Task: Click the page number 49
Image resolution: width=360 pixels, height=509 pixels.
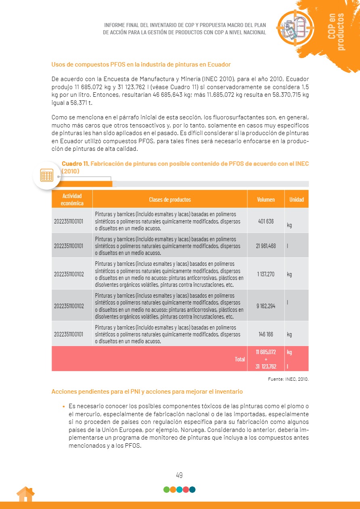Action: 179,475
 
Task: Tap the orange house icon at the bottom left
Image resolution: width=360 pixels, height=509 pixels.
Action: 25,494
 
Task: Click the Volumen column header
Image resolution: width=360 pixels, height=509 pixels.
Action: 266,200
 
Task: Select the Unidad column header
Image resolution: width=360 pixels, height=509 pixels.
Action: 297,200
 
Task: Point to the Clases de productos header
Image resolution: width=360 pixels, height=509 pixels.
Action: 170,200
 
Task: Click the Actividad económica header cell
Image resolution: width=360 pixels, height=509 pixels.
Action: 72,200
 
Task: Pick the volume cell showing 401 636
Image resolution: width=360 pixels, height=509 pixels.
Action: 266,221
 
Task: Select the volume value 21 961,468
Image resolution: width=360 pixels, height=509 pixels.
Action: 266,246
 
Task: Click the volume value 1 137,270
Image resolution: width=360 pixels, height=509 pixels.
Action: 266,274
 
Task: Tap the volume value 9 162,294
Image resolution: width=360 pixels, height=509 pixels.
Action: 266,306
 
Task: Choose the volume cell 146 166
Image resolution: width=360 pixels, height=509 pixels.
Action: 266,334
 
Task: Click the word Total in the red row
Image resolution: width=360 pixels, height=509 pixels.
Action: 240,359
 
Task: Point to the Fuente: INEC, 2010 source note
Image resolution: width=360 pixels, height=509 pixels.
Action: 288,379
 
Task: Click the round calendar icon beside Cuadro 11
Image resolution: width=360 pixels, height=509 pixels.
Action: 47,175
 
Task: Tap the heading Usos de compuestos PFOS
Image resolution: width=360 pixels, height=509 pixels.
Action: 141,65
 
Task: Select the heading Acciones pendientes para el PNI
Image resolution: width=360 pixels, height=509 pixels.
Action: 147,392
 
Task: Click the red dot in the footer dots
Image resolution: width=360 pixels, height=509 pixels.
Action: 186,490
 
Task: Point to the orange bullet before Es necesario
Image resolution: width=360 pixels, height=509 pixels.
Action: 64,407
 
